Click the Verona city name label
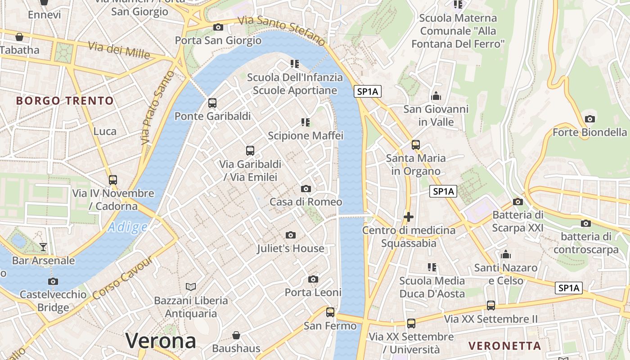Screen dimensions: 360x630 click(x=161, y=341)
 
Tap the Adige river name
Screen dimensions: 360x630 click(x=128, y=227)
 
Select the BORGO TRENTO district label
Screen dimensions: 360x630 click(x=65, y=100)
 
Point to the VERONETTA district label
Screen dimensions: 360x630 click(x=504, y=346)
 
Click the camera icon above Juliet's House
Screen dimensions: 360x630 click(x=291, y=235)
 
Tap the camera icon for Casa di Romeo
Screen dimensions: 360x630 click(x=306, y=189)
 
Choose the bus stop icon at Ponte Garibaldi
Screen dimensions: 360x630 click(x=212, y=103)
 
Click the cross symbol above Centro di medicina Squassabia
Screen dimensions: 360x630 click(x=409, y=217)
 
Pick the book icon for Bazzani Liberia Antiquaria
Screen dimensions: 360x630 click(x=191, y=287)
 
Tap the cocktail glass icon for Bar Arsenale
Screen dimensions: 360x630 click(x=43, y=247)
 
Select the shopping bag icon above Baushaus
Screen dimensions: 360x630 click(x=236, y=335)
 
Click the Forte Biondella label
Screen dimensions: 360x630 click(x=589, y=132)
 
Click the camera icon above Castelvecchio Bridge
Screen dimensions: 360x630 click(x=53, y=281)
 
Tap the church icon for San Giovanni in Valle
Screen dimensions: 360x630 click(x=436, y=96)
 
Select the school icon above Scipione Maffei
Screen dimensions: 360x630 click(x=306, y=122)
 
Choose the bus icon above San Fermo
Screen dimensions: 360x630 click(x=330, y=312)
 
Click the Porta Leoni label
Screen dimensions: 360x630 click(x=313, y=292)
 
